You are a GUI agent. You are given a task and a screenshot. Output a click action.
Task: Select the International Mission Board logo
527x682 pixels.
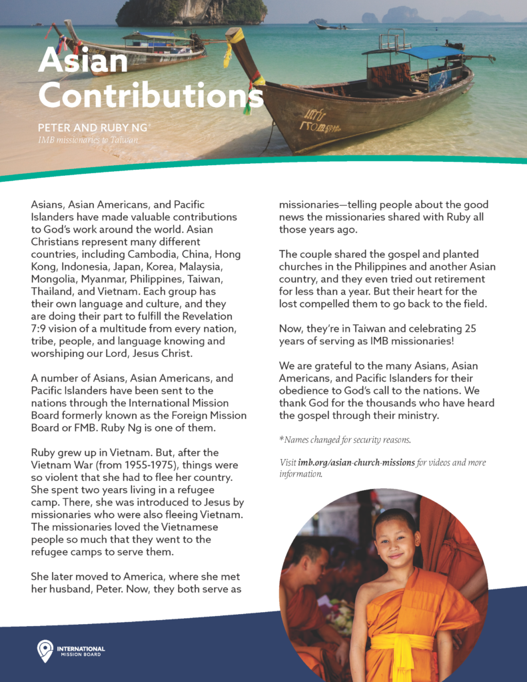[70, 651]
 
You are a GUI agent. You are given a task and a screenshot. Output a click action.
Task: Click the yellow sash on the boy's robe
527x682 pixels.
[403, 643]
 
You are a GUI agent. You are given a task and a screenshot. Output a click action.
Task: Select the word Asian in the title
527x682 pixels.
[83, 61]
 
